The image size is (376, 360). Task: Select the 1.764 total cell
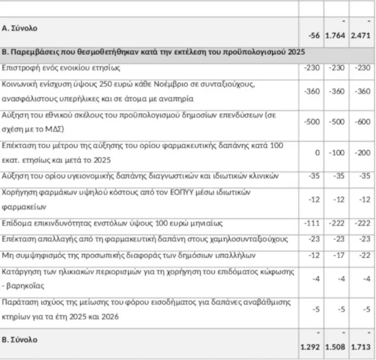(x=336, y=36)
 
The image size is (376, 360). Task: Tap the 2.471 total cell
(x=361, y=36)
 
